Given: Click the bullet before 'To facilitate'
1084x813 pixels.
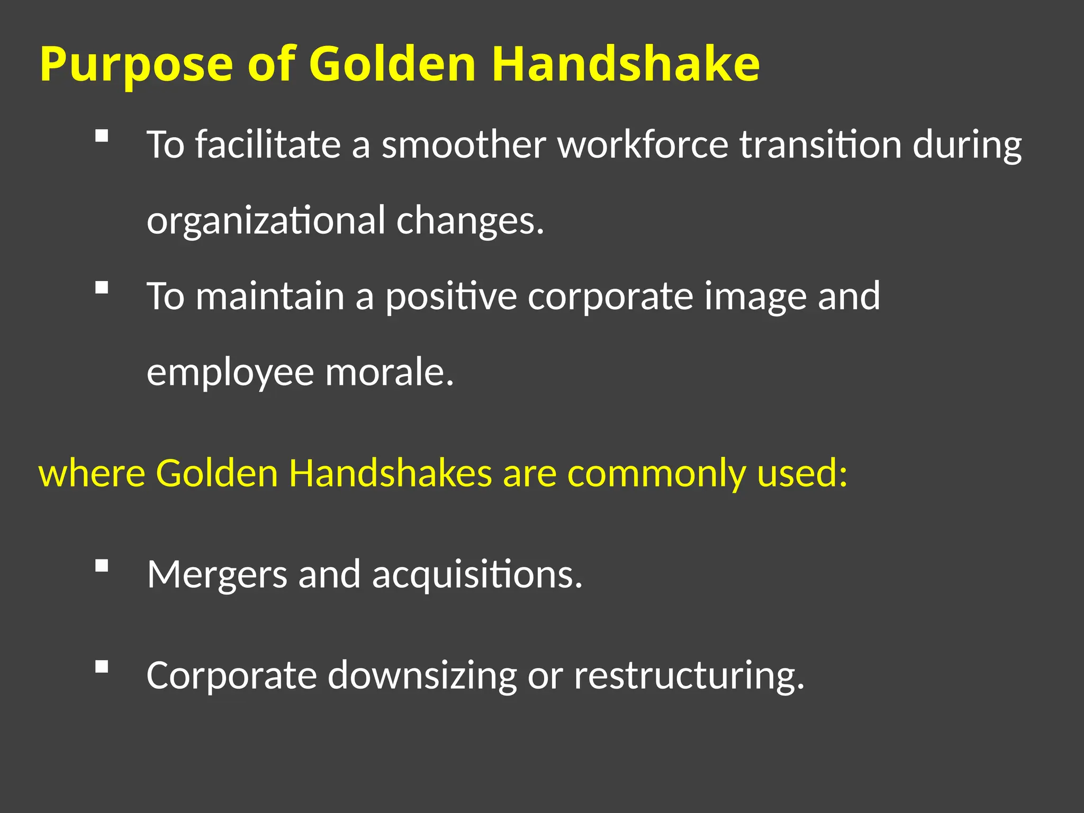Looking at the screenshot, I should [102, 136].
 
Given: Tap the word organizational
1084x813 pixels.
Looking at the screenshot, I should [266, 221].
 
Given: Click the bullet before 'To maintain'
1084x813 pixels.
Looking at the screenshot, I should [102, 287].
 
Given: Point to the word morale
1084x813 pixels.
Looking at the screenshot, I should [390, 372].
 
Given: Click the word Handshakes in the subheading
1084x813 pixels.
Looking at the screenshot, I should [390, 472].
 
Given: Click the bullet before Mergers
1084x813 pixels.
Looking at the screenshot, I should [102, 566].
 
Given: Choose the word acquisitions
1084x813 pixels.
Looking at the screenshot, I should [477, 575].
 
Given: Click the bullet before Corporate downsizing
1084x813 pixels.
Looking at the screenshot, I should [102, 666].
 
